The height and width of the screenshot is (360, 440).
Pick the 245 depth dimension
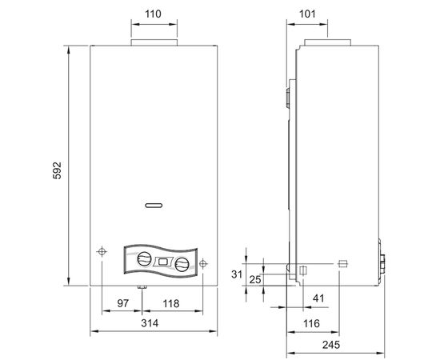(x=337, y=345)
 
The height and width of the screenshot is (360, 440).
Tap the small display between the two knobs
(x=163, y=262)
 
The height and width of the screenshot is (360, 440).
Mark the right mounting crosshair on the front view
(x=203, y=262)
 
